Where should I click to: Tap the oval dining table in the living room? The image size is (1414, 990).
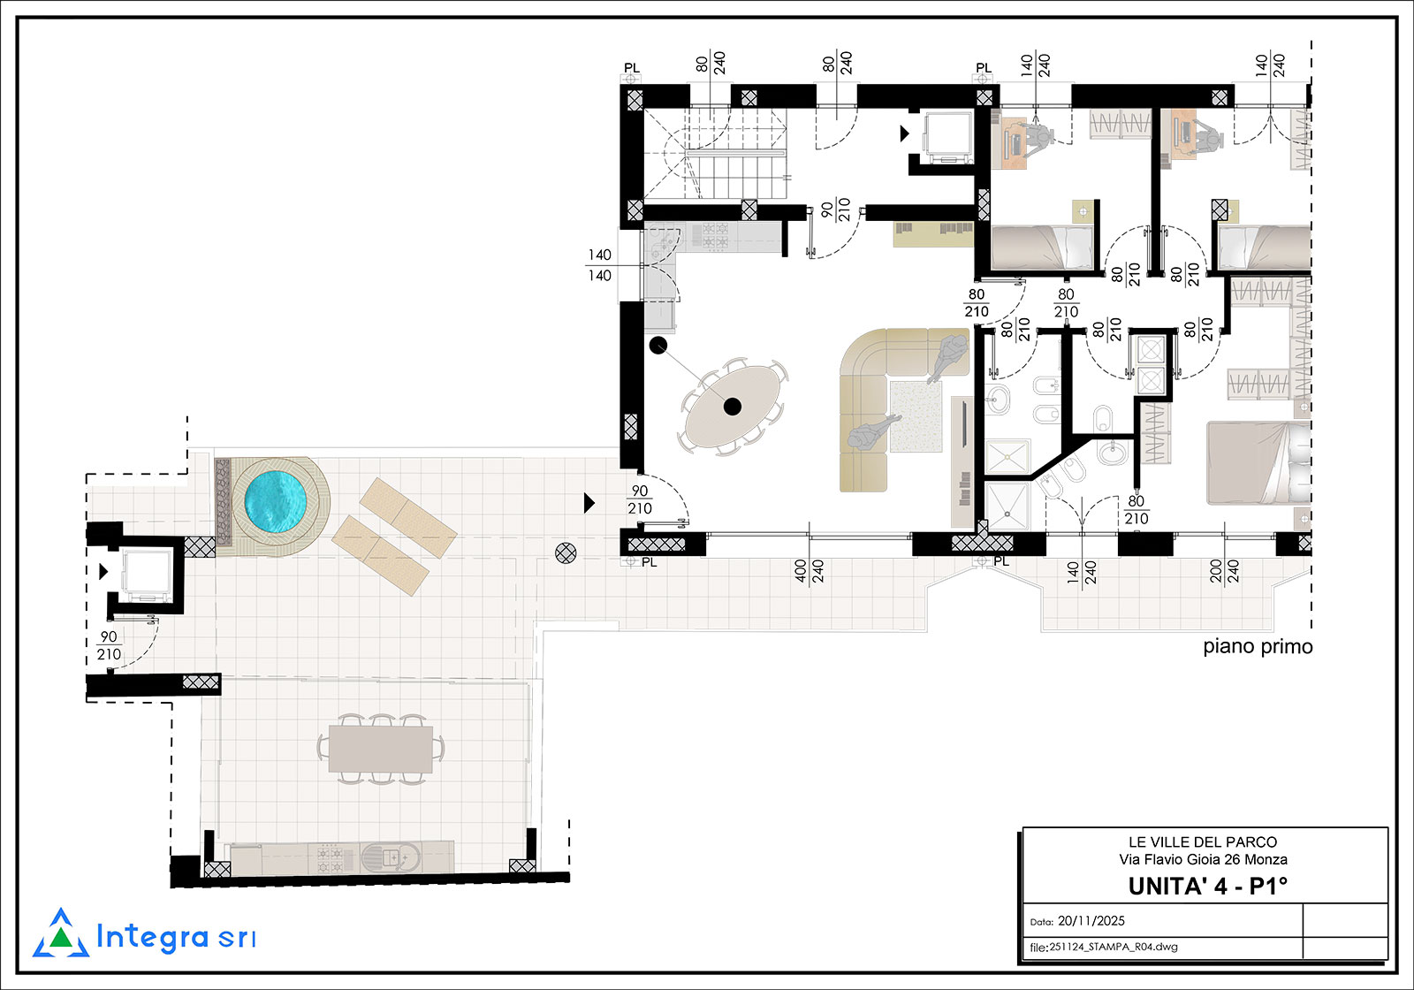point(733,406)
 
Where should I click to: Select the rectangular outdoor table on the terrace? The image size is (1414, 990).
point(381,750)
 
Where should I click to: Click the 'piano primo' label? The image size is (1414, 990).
point(1258,646)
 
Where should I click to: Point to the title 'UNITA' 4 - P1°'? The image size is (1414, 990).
point(1207,887)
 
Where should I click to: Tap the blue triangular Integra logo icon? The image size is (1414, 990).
point(61,933)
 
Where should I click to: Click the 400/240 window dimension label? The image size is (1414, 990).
point(809,571)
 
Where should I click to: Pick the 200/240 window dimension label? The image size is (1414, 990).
point(1224,571)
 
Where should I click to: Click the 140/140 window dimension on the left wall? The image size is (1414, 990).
point(600,265)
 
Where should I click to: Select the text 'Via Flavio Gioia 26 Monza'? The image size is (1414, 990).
point(1203,859)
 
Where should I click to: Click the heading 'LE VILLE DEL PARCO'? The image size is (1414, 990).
point(1203,842)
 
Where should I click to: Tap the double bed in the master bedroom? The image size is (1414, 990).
point(1259,463)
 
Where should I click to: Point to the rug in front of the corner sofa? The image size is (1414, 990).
point(916,416)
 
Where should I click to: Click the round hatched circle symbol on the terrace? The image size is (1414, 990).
point(566,553)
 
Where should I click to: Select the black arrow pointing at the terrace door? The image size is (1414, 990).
point(589,503)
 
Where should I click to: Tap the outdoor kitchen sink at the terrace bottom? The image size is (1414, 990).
point(392,857)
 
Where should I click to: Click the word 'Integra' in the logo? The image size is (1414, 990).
point(152,937)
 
